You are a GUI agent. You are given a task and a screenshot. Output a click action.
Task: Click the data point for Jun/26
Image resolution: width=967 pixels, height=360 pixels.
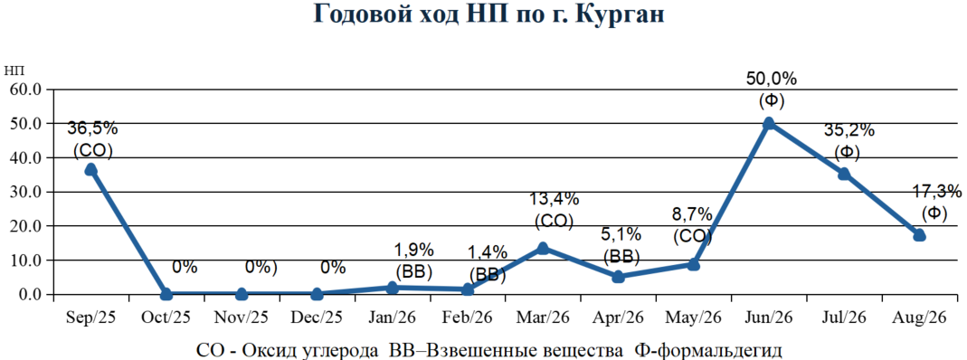[x=768, y=123]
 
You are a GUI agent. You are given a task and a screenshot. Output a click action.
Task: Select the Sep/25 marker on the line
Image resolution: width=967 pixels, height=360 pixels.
[x=90, y=169]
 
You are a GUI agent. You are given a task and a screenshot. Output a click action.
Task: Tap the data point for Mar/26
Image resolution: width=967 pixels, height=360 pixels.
[x=543, y=249]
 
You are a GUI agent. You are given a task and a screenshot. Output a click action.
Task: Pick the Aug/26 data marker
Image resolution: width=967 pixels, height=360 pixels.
[x=919, y=235]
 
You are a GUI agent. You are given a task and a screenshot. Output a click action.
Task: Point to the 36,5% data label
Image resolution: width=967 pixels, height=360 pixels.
[x=92, y=130]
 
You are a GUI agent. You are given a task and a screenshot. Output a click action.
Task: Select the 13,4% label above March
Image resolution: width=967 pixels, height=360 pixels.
[x=555, y=199]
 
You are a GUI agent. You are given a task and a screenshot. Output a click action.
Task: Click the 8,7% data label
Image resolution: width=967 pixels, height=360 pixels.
[x=693, y=216]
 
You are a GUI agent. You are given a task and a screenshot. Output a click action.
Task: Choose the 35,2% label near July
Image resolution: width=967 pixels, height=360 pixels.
[x=849, y=130]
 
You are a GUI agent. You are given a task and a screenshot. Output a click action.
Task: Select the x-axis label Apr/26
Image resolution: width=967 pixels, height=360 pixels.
[x=618, y=317]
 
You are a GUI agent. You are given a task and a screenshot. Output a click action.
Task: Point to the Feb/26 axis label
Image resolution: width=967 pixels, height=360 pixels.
[x=467, y=317]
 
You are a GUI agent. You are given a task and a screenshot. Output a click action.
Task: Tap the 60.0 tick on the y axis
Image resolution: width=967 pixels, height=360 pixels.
[x=24, y=90]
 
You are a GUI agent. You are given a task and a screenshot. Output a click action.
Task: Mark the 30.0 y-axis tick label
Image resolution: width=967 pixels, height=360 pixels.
[x=24, y=193]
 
